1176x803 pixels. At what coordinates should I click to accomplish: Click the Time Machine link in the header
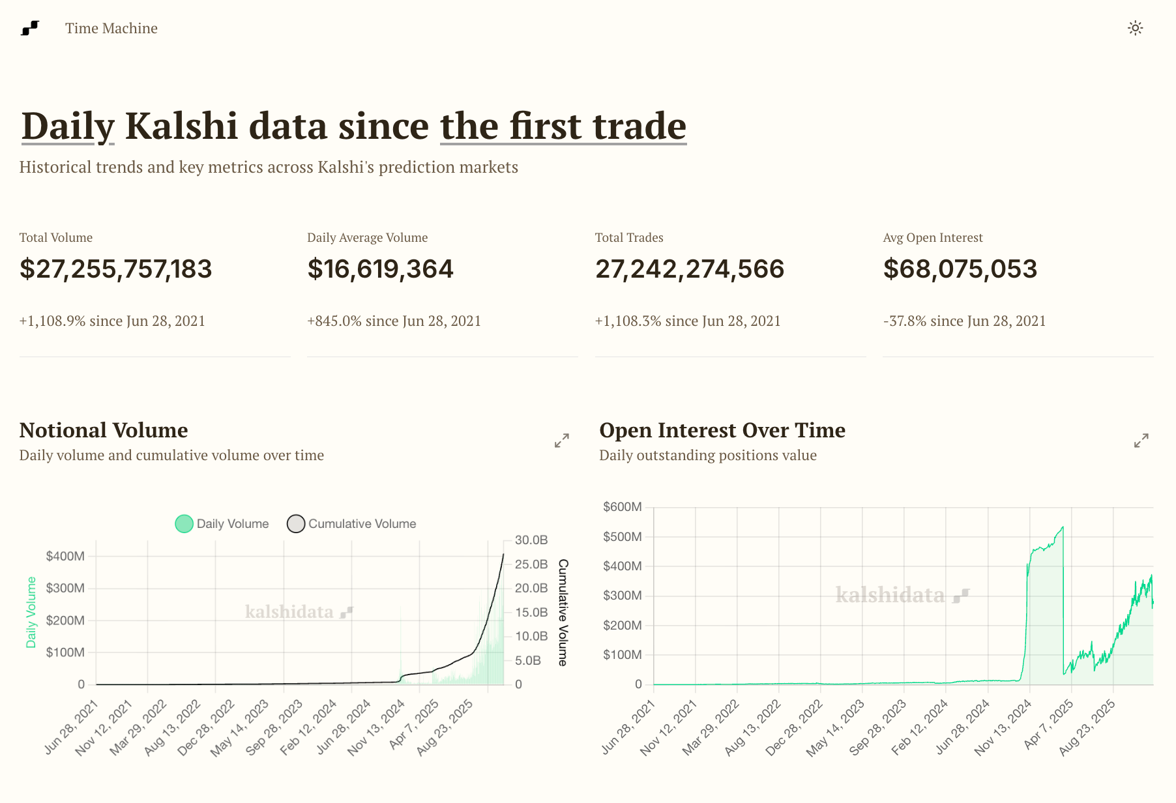click(x=111, y=29)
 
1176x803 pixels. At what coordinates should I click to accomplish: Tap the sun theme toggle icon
click(x=1136, y=28)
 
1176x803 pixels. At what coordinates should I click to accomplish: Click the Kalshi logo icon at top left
click(x=30, y=28)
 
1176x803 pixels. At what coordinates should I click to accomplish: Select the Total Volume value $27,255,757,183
click(x=116, y=269)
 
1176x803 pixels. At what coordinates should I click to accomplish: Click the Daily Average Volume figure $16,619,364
click(x=380, y=269)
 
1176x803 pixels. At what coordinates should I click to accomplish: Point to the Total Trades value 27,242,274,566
click(x=690, y=269)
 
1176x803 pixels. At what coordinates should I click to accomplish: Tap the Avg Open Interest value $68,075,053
click(x=960, y=269)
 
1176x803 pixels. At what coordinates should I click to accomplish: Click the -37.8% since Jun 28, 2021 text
click(x=964, y=321)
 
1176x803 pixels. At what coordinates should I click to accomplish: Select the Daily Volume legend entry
click(x=222, y=524)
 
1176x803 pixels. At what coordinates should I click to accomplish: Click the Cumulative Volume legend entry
click(x=352, y=524)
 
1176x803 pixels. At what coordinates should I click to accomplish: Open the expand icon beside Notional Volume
click(x=561, y=441)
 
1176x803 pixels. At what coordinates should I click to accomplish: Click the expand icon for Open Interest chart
click(x=1141, y=441)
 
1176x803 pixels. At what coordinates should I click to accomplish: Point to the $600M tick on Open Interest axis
click(x=623, y=507)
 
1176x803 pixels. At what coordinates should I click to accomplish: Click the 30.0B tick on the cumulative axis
click(x=531, y=540)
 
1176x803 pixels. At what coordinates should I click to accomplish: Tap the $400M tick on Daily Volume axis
click(x=65, y=557)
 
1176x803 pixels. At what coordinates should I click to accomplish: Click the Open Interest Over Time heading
click(x=722, y=430)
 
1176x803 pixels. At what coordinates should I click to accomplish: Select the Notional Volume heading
click(x=104, y=430)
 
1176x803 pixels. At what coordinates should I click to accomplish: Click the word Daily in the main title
click(x=68, y=126)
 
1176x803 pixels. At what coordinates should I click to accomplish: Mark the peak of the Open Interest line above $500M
click(x=1063, y=527)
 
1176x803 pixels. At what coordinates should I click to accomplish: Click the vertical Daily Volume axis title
click(x=31, y=613)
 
